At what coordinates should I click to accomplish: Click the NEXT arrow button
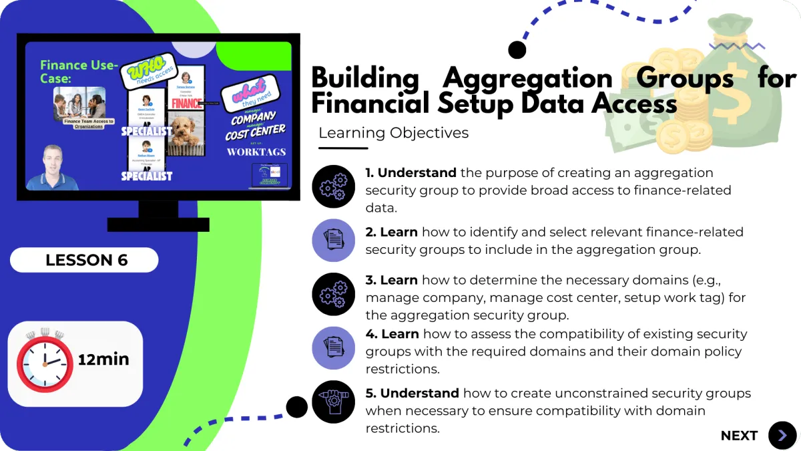tap(782, 436)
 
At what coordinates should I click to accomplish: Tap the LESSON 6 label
tap(85, 260)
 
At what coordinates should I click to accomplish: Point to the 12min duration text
tap(103, 359)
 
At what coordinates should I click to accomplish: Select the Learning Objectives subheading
tap(393, 133)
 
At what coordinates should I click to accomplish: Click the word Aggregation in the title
tap(528, 79)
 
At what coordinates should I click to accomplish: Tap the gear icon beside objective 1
tap(333, 187)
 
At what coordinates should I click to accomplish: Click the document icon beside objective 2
tap(333, 240)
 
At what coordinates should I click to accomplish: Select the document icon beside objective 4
tap(333, 347)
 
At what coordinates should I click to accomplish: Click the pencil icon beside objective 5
tap(333, 401)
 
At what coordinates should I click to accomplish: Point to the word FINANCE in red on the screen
tap(187, 104)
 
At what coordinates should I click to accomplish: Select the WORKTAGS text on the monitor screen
tap(256, 152)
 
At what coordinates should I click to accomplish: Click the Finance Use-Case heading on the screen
tap(79, 71)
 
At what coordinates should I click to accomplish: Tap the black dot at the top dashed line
tap(517, 49)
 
